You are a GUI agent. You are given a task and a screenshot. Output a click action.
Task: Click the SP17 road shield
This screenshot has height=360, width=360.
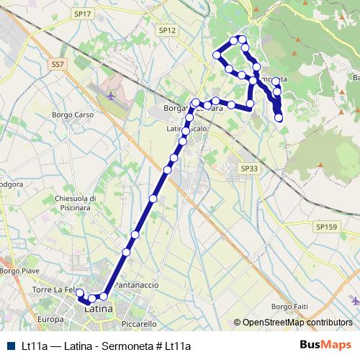click(83, 14)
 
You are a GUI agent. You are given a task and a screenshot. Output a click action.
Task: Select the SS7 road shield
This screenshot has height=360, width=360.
click(58, 64)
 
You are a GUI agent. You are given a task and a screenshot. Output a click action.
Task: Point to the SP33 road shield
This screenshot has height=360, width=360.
click(248, 168)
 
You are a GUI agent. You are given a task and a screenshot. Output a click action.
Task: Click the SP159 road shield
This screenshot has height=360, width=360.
click(325, 226)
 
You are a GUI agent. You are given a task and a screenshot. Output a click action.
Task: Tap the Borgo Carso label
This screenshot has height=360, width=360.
click(74, 115)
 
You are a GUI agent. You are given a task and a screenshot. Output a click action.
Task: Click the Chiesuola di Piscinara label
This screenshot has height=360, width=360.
click(75, 202)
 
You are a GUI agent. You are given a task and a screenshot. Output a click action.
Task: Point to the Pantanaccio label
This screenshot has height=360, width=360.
click(136, 285)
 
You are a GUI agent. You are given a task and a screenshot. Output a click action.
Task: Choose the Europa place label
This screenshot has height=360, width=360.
click(50, 319)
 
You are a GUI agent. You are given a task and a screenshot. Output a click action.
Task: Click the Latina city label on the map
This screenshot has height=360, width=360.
click(99, 309)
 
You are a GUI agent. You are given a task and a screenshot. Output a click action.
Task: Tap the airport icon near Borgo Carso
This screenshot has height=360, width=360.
click(109, 94)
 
